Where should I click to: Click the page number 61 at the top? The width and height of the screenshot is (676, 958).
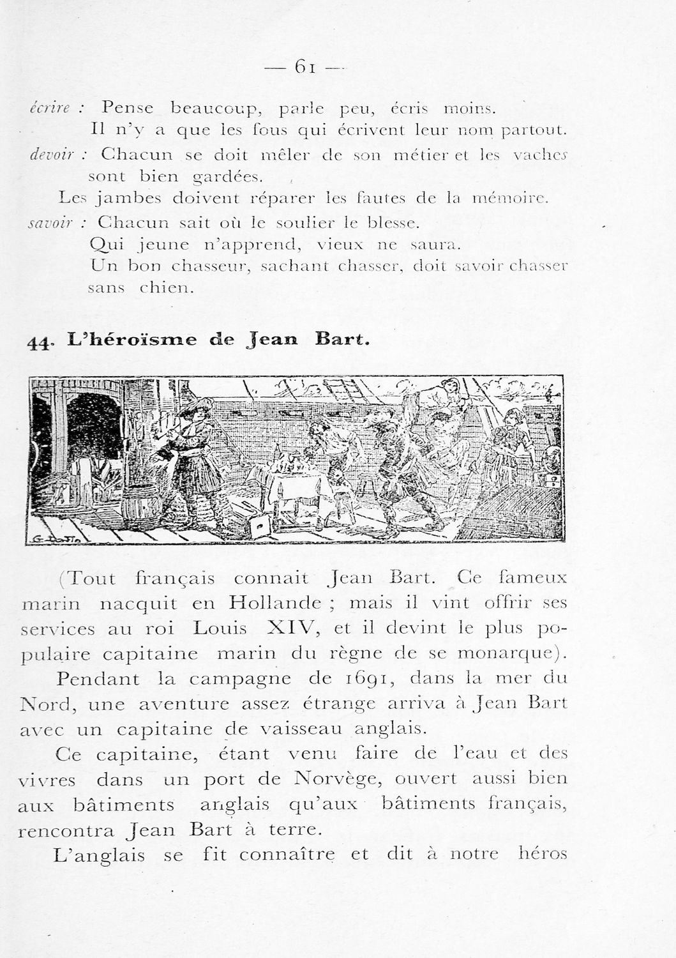(x=304, y=66)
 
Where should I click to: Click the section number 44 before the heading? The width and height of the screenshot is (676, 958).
(x=39, y=342)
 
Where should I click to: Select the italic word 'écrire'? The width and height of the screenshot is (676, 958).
(x=54, y=109)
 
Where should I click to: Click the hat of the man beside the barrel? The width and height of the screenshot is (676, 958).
(x=194, y=407)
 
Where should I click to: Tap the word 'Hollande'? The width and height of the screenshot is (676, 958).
(x=275, y=602)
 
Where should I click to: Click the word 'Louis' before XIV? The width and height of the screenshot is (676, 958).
(x=220, y=628)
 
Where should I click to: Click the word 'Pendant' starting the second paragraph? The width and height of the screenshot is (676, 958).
(x=97, y=678)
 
